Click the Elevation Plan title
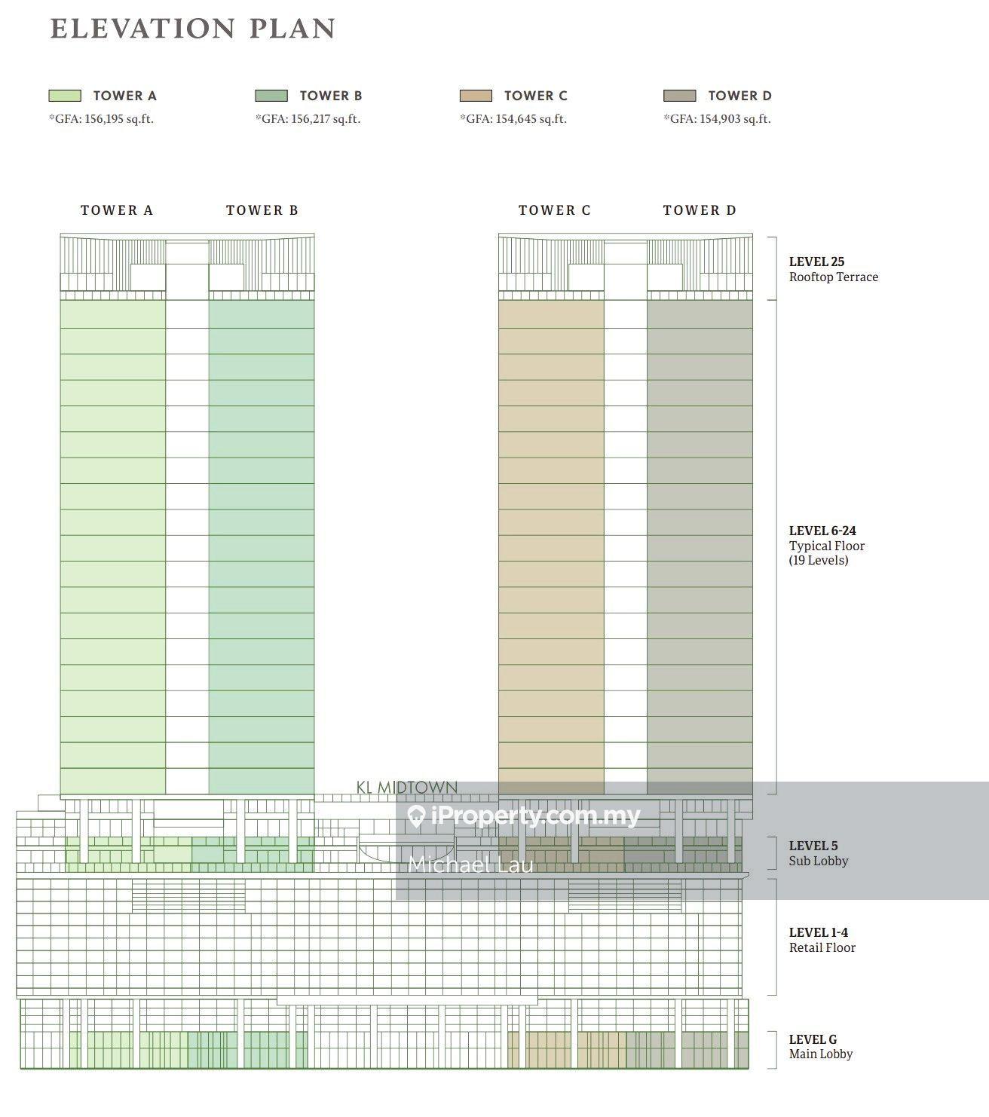(192, 29)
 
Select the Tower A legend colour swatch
(65, 96)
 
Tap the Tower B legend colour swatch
(271, 96)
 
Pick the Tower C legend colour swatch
(476, 96)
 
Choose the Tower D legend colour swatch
(679, 96)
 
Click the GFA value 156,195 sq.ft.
(101, 119)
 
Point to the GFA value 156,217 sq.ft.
(308, 119)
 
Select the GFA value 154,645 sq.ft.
(513, 119)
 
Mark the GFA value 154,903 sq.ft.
(717, 119)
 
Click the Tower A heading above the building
(117, 210)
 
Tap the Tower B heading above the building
(262, 210)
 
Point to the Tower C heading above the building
(555, 210)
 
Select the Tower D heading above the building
(700, 210)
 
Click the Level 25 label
(816, 262)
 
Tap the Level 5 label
(813, 846)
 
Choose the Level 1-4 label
(819, 932)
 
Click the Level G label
(813, 1039)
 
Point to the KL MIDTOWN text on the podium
(407, 788)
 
